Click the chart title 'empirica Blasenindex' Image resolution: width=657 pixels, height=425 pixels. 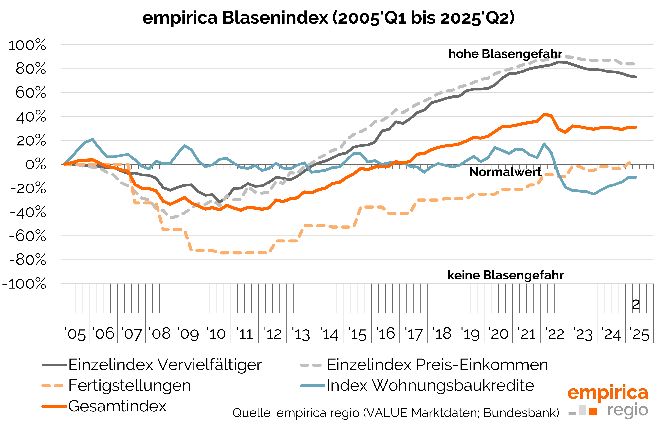coord(235,18)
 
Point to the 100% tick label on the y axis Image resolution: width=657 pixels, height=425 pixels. coord(27,45)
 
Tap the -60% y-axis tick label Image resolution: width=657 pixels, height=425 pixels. coord(28,236)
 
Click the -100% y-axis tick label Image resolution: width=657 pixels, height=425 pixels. coord(24,284)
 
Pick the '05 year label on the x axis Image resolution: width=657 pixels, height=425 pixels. coord(75,334)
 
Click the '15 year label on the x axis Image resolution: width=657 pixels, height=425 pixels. coord(357,334)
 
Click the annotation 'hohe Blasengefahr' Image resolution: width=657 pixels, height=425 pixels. coord(505,54)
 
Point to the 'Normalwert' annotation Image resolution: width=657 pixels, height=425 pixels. coord(505,172)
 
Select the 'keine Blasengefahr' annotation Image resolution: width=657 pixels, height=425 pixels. coord(505,275)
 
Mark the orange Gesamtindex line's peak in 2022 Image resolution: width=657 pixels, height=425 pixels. coord(544,114)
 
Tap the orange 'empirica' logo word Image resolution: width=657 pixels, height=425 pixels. coord(608,393)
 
